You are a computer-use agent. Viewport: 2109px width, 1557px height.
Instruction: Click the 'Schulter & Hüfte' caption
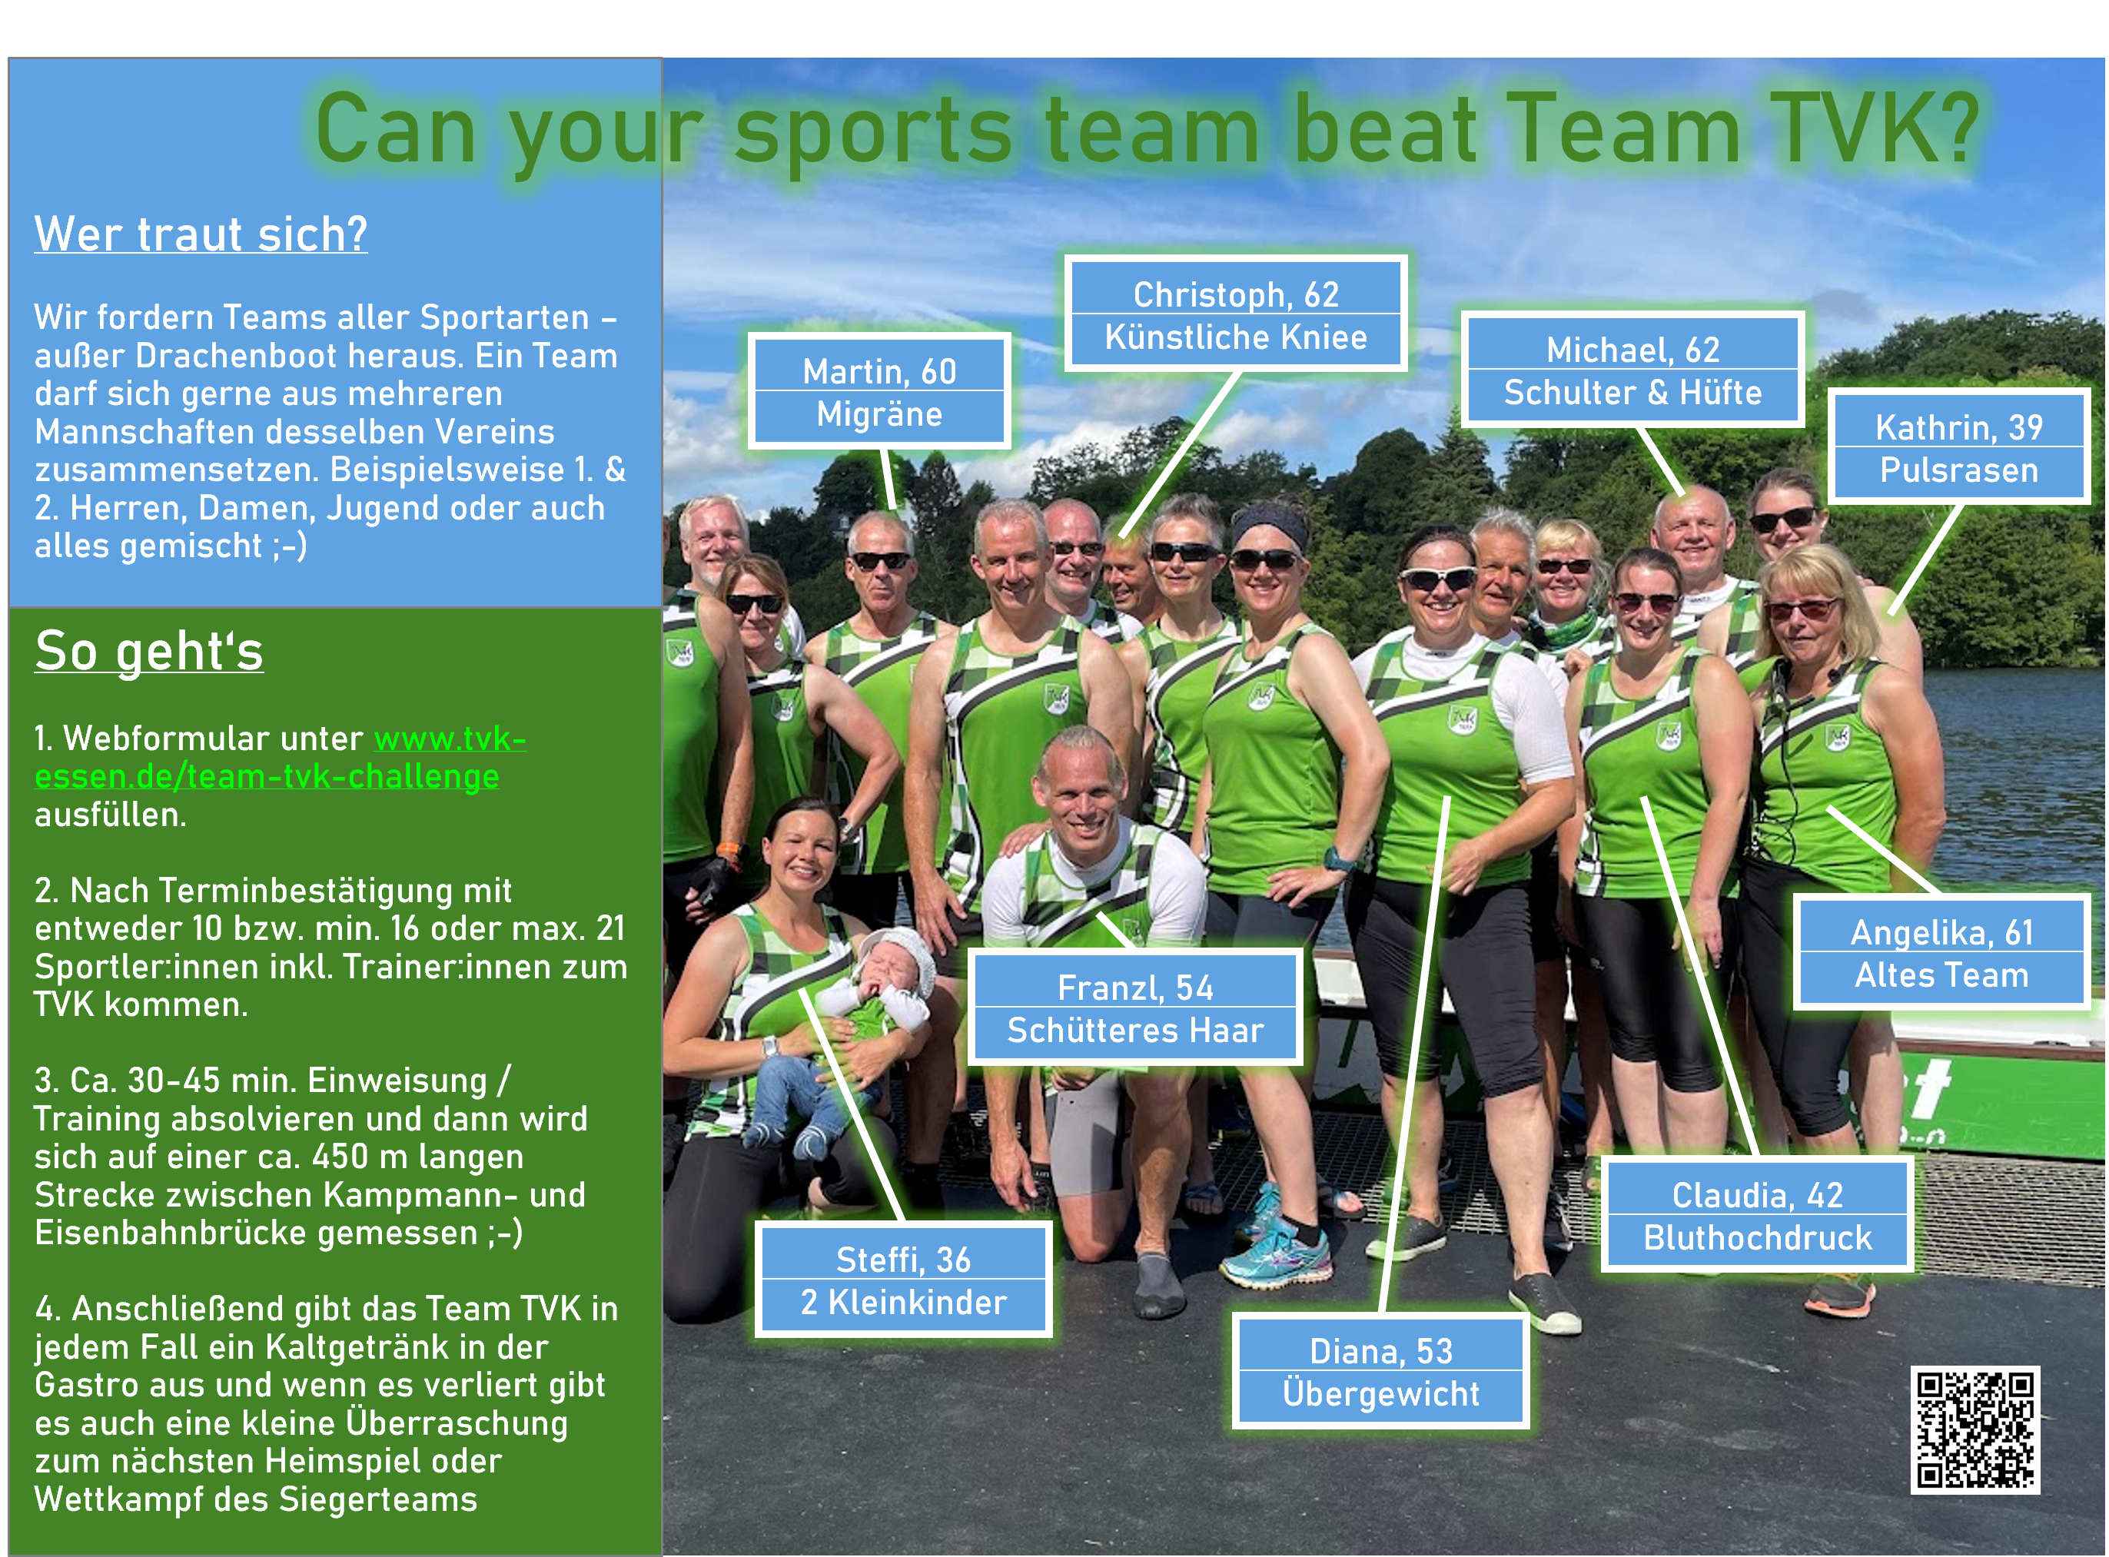point(1633,392)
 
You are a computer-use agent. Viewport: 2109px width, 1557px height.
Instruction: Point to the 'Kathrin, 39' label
point(1959,427)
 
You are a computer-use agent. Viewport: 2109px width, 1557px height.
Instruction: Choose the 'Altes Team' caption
point(1942,974)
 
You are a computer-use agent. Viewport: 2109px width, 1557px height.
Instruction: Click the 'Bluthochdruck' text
point(1759,1237)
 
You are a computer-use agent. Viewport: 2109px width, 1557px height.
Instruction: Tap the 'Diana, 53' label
point(1381,1350)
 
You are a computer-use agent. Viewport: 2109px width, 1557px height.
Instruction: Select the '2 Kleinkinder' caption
point(904,1303)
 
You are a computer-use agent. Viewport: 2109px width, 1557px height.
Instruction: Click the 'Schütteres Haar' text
point(1135,1030)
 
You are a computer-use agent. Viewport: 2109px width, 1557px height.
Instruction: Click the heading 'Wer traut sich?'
point(201,234)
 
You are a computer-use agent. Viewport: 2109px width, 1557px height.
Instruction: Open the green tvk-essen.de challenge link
point(281,758)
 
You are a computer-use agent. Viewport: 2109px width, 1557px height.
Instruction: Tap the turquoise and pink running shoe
point(1278,1249)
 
